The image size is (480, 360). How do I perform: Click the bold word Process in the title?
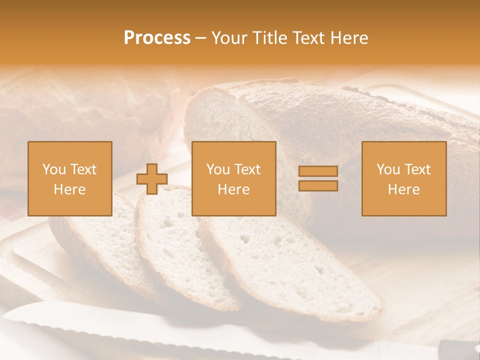(157, 38)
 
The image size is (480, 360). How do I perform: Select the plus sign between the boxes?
(152, 179)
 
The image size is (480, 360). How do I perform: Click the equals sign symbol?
(318, 178)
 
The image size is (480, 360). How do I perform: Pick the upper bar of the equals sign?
(318, 171)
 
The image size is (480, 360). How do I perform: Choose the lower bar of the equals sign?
(318, 185)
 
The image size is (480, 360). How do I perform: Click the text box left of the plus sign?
(70, 178)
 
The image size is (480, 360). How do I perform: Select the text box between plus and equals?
(234, 178)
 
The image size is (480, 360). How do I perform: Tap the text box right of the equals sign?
(404, 178)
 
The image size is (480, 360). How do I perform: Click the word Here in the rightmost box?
(404, 189)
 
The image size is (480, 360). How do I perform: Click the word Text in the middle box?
(248, 169)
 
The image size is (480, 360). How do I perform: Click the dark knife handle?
(457, 347)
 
